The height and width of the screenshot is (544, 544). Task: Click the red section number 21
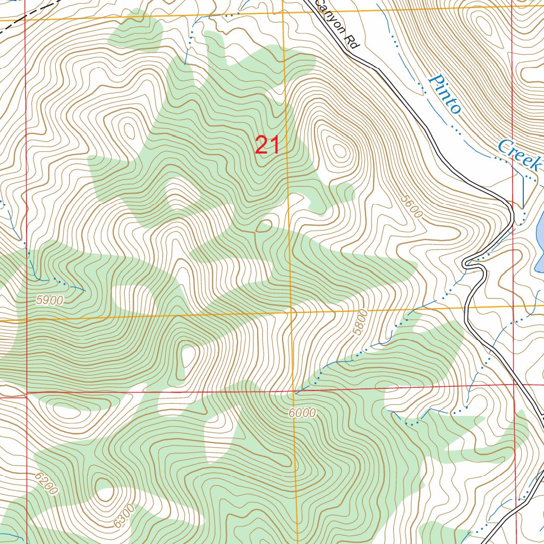point(267,145)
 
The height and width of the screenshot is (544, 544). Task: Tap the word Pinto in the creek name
point(444,95)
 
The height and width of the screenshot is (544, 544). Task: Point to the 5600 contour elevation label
point(412,206)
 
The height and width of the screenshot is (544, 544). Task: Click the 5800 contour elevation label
point(361,322)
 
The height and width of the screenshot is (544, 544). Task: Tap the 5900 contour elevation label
point(50,300)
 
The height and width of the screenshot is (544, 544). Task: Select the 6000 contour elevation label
point(303,413)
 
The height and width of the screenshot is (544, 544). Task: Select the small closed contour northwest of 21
point(128,130)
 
